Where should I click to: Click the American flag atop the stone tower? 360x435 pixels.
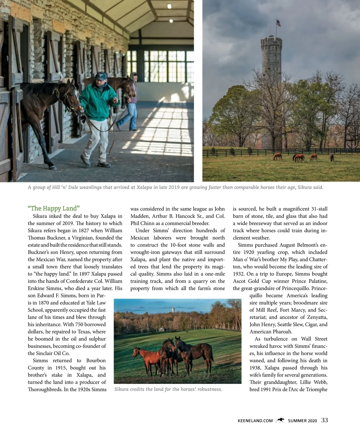278,23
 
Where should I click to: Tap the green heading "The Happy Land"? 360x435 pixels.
54,208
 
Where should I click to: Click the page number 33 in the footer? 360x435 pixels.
324,420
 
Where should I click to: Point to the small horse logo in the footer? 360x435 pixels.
280,420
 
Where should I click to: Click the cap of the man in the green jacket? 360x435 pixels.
100,76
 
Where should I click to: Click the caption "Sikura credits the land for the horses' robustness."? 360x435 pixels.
168,389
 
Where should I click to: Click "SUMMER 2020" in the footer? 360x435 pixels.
302,421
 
